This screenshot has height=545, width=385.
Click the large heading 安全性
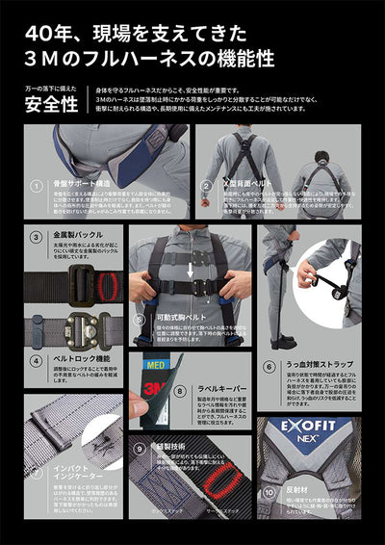[51, 105]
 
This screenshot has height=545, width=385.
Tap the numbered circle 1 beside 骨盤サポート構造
[36, 185]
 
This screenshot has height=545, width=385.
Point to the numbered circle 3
[36, 236]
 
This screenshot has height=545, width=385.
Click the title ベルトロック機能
[75, 355]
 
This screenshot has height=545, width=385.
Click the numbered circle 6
[269, 367]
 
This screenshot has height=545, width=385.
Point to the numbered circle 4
[36, 355]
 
